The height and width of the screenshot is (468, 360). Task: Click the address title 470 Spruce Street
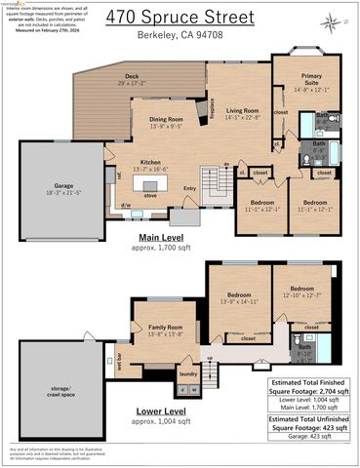(180, 16)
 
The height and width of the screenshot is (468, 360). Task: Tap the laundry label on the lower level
(187, 373)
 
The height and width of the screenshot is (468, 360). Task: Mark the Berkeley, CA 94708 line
(180, 34)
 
